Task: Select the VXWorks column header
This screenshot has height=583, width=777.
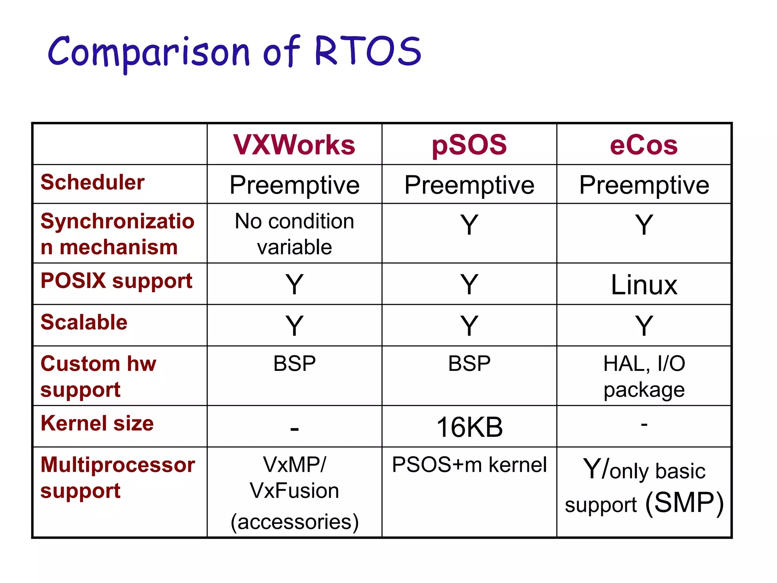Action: (294, 145)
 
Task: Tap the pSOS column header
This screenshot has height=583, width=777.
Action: (469, 145)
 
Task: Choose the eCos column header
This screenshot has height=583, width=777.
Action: (644, 145)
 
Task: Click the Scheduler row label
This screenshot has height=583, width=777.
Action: (93, 182)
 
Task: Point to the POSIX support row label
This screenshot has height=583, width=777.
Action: (116, 281)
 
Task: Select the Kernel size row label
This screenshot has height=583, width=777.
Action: (97, 423)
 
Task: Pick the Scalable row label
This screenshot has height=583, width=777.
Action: (84, 322)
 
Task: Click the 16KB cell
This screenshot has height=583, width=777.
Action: (469, 427)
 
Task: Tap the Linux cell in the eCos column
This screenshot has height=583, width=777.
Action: (644, 285)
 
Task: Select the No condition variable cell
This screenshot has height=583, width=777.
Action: (294, 234)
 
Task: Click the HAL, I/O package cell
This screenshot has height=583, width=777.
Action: (644, 376)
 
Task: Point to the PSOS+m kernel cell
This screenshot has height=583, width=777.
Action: (469, 465)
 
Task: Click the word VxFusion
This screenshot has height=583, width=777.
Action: (294, 491)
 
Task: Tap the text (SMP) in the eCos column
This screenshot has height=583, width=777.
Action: (685, 503)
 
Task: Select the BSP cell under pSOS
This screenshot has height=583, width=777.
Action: (469, 364)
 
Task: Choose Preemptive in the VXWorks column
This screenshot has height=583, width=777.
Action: (294, 185)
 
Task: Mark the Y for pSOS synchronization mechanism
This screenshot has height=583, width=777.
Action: (469, 225)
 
